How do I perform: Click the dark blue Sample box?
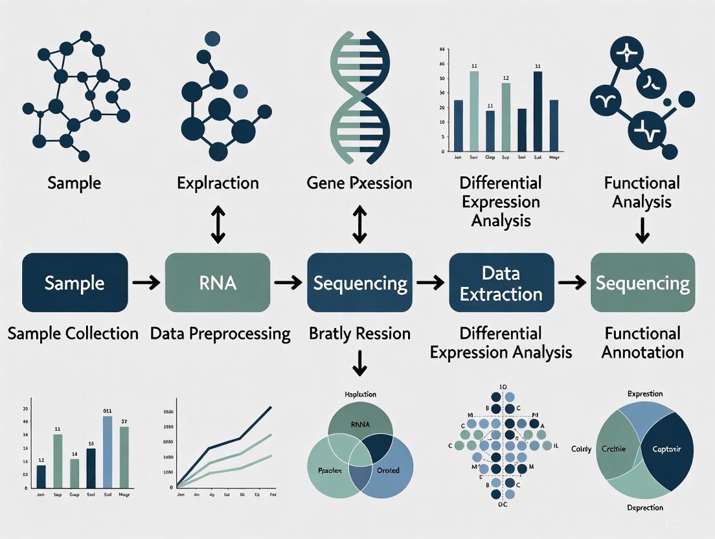pos(74,282)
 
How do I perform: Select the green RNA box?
pos(218,282)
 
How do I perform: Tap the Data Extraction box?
pos(501,282)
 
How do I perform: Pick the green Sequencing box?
pos(642,282)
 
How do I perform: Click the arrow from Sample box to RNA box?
pos(146,282)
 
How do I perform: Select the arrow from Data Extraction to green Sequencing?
pos(572,282)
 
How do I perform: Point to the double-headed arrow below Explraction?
pos(218,226)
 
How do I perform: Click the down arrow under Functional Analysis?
pos(642,229)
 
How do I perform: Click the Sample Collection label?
pos(73,334)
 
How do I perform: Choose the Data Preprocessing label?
pos(220,334)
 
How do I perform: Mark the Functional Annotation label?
pos(642,343)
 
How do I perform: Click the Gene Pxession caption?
pos(359,183)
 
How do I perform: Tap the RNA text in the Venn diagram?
pos(359,425)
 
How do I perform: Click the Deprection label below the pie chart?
pos(645,507)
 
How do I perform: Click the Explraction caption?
pos(218,183)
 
